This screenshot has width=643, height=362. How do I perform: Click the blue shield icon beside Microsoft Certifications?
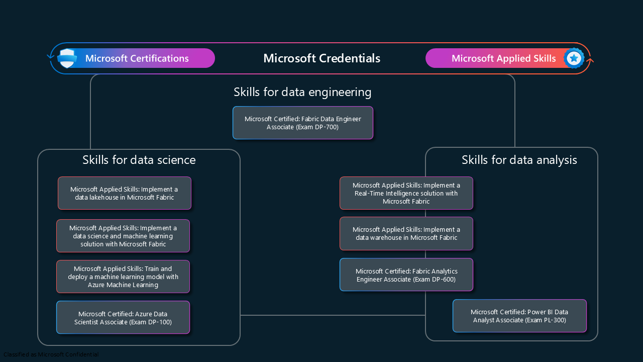click(x=67, y=58)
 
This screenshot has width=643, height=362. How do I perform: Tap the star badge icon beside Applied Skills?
click(x=574, y=58)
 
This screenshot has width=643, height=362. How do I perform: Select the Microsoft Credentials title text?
click(x=321, y=58)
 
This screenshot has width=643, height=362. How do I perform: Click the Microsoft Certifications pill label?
click(x=137, y=58)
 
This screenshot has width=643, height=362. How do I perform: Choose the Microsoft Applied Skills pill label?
click(x=503, y=58)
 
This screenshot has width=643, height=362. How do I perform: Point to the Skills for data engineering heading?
click(x=302, y=92)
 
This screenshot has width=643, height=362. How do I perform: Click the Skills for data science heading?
click(x=139, y=160)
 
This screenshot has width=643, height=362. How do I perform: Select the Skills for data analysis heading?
click(x=519, y=160)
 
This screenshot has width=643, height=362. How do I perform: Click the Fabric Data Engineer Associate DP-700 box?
click(x=303, y=123)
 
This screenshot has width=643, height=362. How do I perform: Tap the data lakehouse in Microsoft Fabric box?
click(x=124, y=193)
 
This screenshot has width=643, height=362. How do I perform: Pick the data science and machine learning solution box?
click(x=123, y=236)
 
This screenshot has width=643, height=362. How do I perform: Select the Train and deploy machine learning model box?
click(x=123, y=277)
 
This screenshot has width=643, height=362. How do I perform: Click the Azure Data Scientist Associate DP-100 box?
click(x=123, y=318)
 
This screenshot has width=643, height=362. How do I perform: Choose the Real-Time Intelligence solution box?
click(x=406, y=193)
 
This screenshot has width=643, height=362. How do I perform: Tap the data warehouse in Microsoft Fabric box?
click(x=406, y=233)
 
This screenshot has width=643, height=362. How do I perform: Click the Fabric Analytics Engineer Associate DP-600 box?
click(x=406, y=275)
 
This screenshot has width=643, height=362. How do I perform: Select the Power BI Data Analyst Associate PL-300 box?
click(x=519, y=316)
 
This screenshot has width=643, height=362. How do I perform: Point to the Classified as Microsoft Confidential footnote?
click(x=51, y=354)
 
